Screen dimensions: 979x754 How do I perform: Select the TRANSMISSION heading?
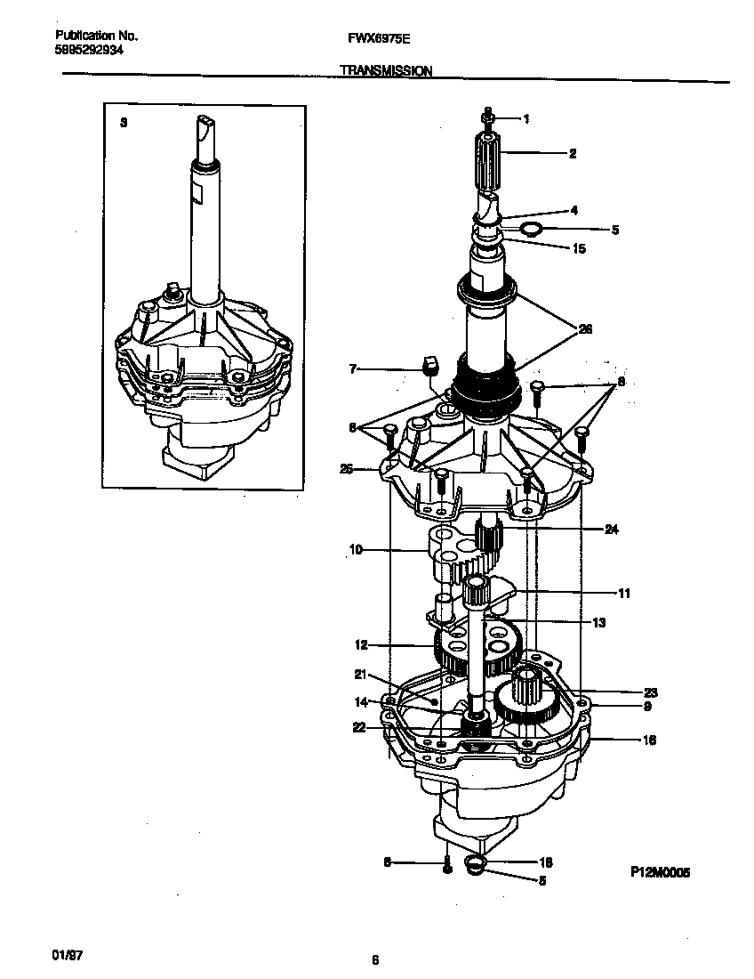click(x=386, y=70)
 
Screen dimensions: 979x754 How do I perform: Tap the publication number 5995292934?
click(x=90, y=51)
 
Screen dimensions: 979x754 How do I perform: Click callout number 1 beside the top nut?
click(x=526, y=117)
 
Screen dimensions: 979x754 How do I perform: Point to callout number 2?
click(x=573, y=153)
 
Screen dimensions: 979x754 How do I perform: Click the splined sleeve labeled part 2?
click(x=488, y=160)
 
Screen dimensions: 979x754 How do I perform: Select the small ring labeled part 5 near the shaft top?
click(x=532, y=230)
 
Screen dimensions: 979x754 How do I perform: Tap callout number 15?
click(x=579, y=248)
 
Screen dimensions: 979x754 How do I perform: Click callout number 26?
click(x=585, y=328)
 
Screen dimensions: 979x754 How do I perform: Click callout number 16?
click(x=649, y=740)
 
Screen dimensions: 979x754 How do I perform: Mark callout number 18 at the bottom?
click(x=546, y=862)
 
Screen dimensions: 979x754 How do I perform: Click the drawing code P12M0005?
click(x=660, y=873)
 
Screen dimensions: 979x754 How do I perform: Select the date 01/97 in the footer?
click(x=68, y=954)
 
